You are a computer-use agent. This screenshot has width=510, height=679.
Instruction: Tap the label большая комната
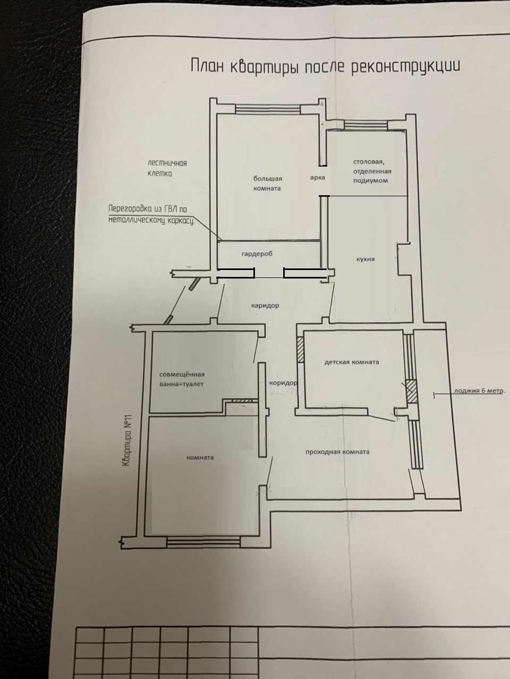267,183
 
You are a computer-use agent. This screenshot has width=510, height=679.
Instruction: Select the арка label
317,178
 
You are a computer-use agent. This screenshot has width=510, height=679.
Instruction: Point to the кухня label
365,259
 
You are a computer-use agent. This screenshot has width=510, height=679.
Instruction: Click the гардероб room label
257,254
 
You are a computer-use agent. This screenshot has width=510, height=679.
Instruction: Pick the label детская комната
352,362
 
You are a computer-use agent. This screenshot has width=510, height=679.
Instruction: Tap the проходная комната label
337,451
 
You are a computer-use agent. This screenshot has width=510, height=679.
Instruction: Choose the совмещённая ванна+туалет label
182,379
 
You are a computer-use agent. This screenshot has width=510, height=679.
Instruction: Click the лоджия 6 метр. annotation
479,391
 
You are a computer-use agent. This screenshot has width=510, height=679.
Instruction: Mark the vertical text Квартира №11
126,440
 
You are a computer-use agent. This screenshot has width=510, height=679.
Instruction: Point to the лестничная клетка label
167,168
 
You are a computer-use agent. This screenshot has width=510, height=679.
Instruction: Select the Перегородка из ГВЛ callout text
151,215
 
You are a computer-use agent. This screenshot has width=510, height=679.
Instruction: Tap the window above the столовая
366,124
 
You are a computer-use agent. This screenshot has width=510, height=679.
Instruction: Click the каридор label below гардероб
265,306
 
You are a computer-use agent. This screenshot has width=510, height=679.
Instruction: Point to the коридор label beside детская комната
283,383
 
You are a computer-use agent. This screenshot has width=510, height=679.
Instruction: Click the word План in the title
207,66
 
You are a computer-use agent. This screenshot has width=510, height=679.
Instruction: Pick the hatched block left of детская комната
300,350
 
